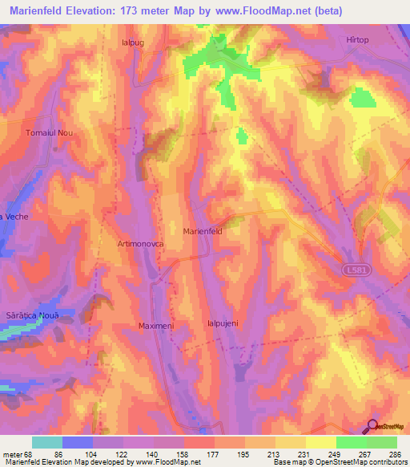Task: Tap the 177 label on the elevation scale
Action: click(215, 453)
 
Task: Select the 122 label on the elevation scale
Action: click(123, 453)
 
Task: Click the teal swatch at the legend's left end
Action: click(46, 442)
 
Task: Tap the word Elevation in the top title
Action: click(104, 10)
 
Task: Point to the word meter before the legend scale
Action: click(14, 453)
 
